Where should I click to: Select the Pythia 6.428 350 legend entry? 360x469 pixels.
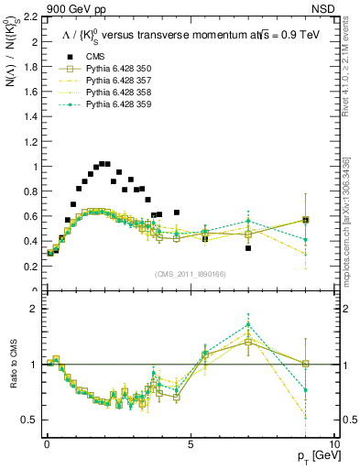pyautogui.click(x=109, y=71)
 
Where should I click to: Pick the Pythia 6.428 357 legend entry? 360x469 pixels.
pyautogui.click(x=109, y=82)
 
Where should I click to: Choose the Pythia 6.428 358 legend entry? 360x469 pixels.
pyautogui.click(x=109, y=93)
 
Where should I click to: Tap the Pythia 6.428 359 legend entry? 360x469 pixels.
pyautogui.click(x=109, y=105)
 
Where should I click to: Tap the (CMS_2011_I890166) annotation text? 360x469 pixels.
pyautogui.click(x=191, y=275)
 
